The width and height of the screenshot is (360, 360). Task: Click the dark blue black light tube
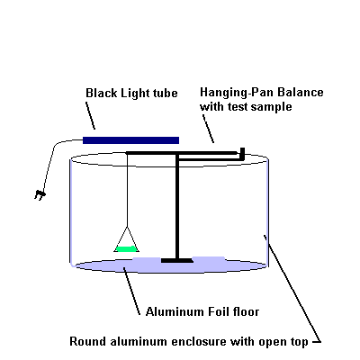(x=130, y=140)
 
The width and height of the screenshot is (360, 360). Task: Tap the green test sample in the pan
(x=126, y=248)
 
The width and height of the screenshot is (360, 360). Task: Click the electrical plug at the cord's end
(x=40, y=194)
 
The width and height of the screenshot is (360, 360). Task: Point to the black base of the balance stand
(x=177, y=260)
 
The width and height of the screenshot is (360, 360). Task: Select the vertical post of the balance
(x=177, y=207)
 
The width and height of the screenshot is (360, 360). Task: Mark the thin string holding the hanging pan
(x=128, y=191)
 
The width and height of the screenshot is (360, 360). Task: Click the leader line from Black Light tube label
(x=91, y=116)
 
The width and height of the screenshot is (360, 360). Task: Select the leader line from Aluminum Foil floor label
(x=131, y=291)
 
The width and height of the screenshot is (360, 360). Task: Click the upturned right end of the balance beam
(x=242, y=153)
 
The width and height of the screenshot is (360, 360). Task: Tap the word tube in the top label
(x=165, y=93)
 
